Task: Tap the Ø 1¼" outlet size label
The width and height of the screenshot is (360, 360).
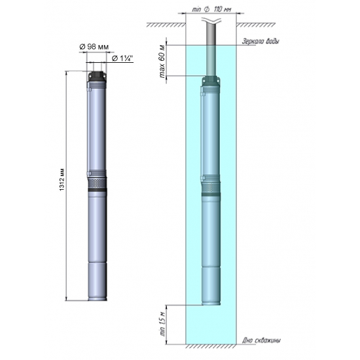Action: click(122, 58)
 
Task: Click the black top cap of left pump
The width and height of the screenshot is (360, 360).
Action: click(98, 77)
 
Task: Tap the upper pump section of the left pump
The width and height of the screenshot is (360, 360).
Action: click(98, 128)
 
